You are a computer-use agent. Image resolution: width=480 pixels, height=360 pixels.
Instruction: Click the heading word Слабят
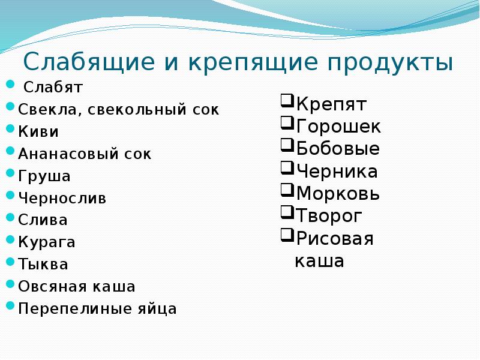pyautogui.click(x=53, y=87)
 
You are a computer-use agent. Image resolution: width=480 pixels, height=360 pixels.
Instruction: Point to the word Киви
pyautogui.click(x=38, y=131)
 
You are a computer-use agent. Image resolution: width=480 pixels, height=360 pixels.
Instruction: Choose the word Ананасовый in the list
pyautogui.click(x=68, y=154)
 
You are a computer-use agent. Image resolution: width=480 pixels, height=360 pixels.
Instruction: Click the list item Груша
pyautogui.click(x=44, y=176)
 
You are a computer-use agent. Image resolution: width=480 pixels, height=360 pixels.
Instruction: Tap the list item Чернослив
pyautogui.click(x=62, y=198)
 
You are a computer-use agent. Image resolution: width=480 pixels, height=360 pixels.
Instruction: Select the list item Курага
pyautogui.click(x=47, y=242)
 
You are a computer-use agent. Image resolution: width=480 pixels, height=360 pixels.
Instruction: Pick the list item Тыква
pyautogui.click(x=43, y=264)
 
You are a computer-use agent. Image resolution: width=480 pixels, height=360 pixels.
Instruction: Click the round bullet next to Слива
pyautogui.click(x=10, y=217)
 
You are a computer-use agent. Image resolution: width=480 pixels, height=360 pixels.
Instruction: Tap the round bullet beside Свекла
pyautogui.click(x=10, y=107)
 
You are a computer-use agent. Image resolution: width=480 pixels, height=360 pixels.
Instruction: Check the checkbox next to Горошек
pyautogui.click(x=287, y=123)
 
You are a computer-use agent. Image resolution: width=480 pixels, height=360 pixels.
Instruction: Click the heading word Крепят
pyautogui.click(x=331, y=104)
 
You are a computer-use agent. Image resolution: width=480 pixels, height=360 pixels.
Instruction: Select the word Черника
pyautogui.click(x=337, y=172)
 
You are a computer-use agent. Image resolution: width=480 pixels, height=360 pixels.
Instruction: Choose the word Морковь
pyautogui.click(x=338, y=194)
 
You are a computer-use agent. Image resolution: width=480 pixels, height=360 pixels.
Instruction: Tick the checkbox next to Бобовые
pyautogui.click(x=287, y=145)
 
